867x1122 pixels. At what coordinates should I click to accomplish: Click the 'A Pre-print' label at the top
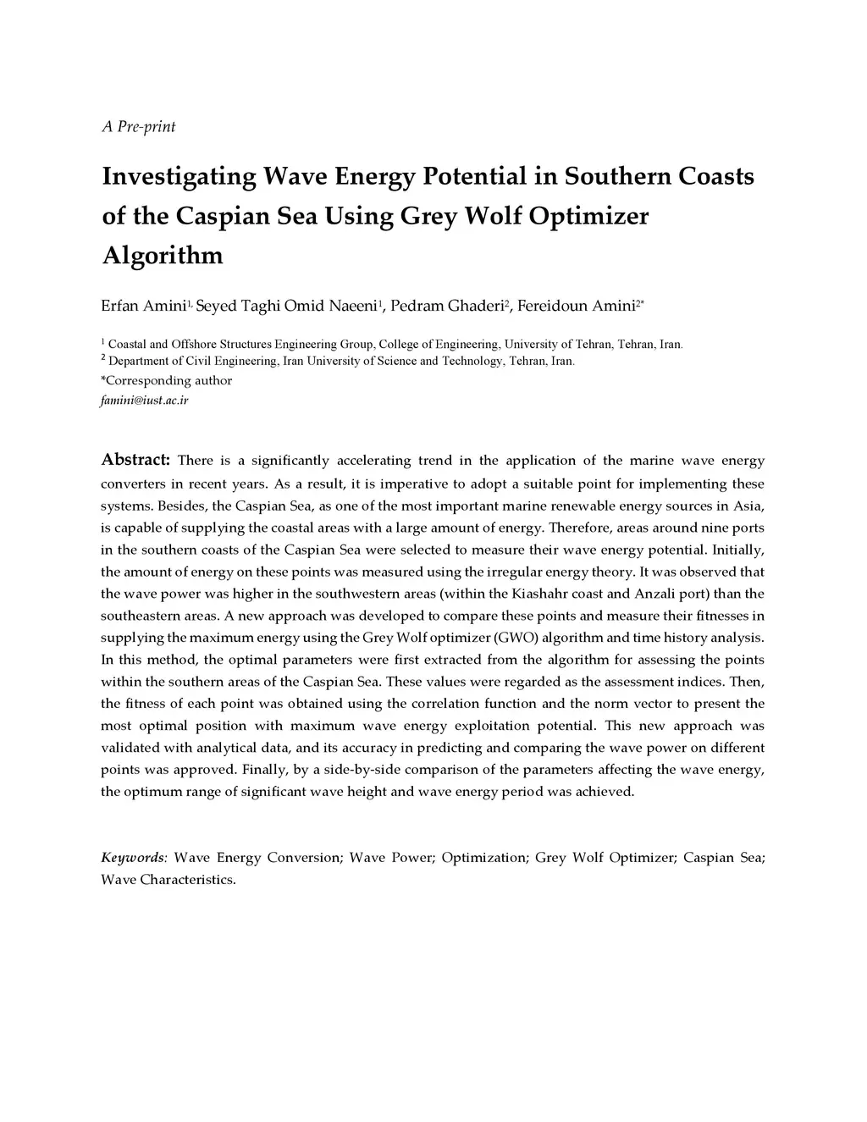point(139,127)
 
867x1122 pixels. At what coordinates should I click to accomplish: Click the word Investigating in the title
point(179,177)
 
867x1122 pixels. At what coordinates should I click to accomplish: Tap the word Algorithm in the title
point(163,255)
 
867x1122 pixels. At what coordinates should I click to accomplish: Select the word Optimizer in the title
point(588,216)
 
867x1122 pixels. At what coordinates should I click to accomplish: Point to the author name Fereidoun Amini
point(575,306)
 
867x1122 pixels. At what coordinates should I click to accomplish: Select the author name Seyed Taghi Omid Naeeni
point(286,306)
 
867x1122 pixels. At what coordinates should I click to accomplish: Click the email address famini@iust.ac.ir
point(145,400)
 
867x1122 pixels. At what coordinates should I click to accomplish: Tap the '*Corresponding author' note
point(166,381)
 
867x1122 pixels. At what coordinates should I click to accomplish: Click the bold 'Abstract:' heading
point(136,460)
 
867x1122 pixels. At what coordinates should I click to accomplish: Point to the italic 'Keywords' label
point(133,858)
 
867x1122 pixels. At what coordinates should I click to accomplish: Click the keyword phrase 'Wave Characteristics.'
point(168,880)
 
